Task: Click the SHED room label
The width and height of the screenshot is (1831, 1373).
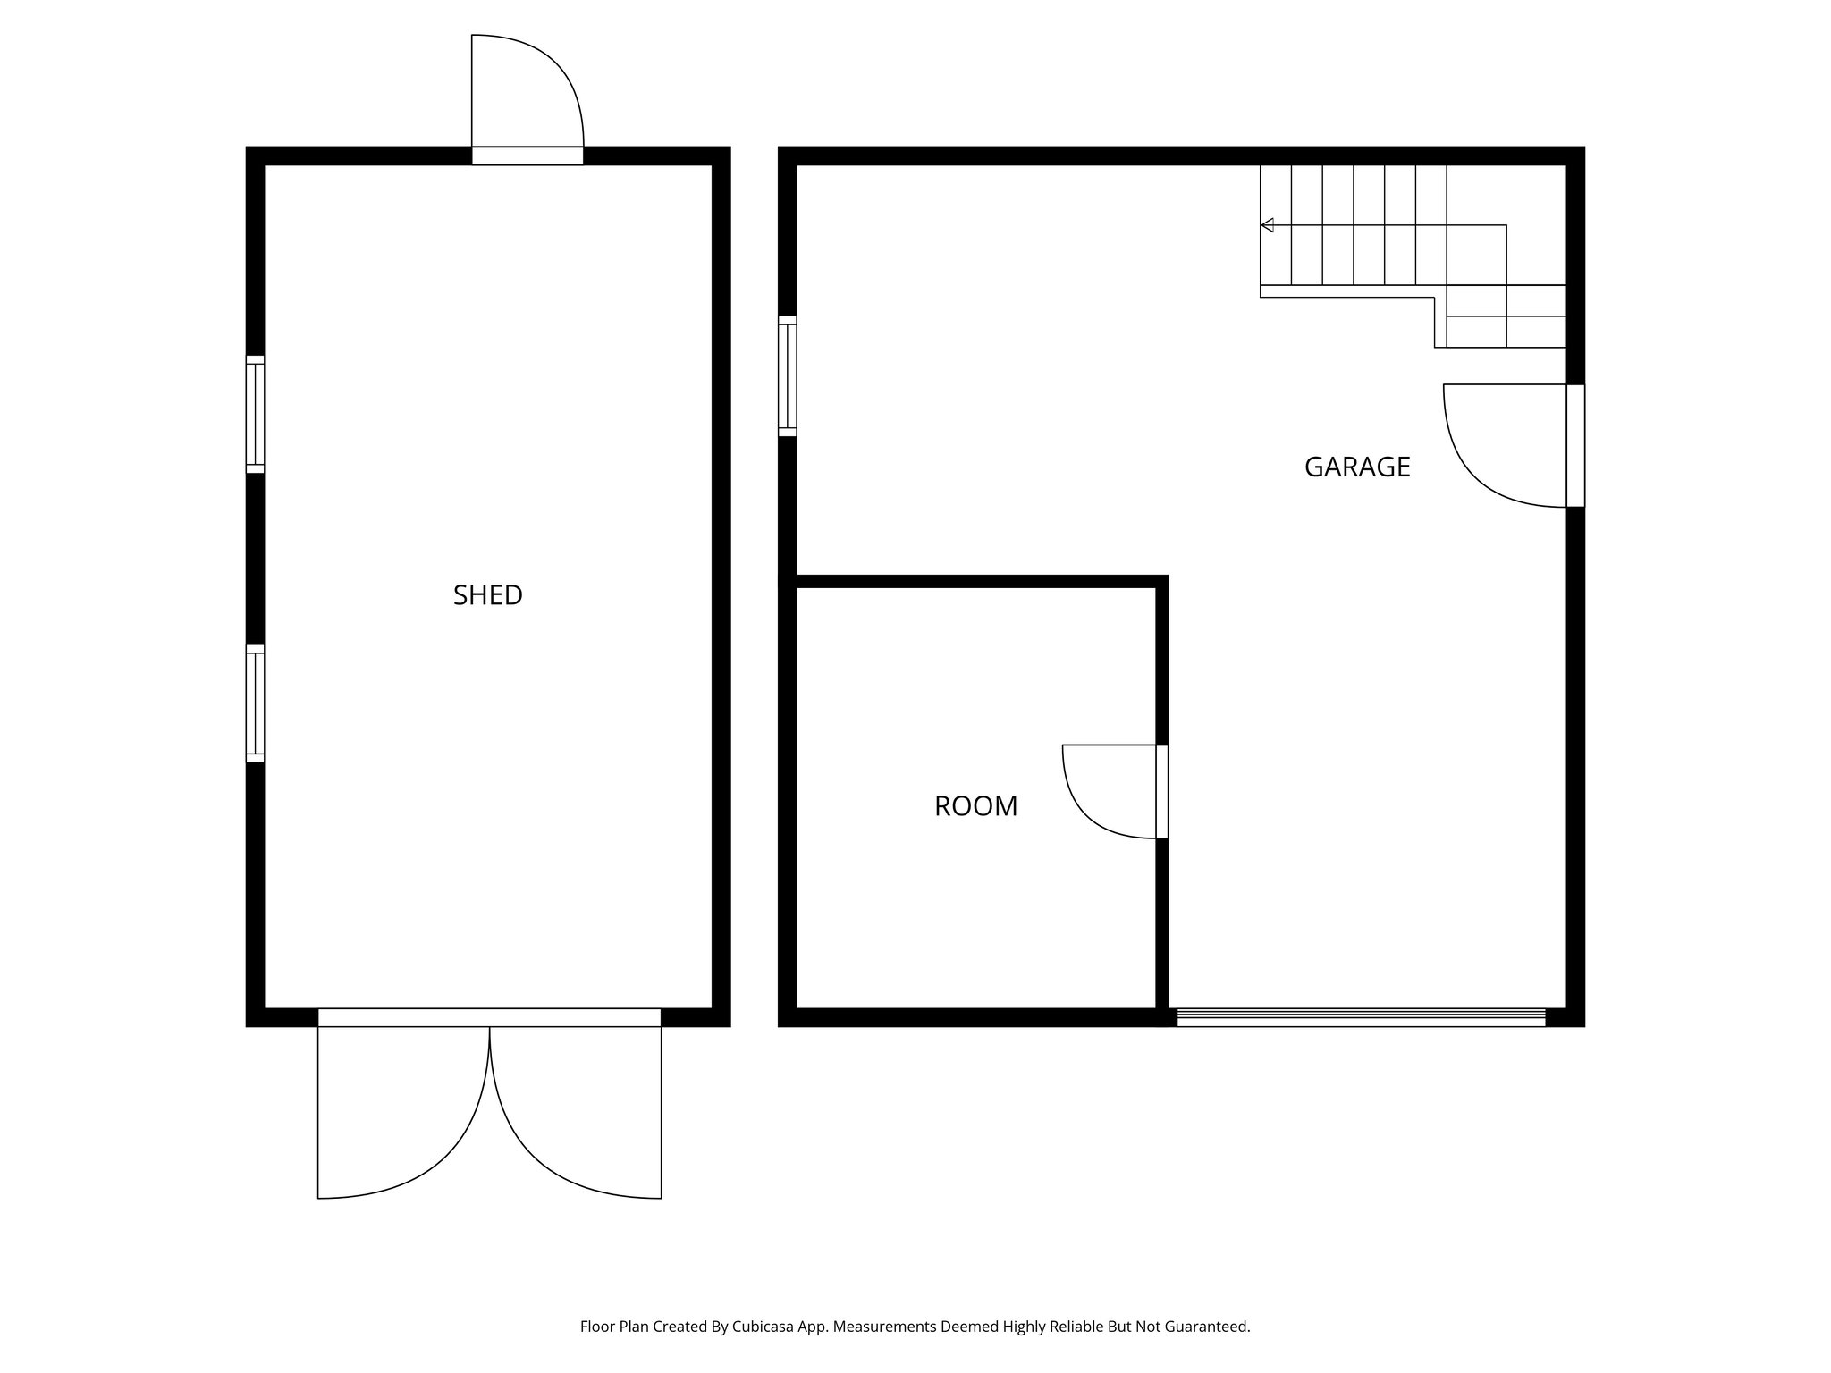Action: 487,595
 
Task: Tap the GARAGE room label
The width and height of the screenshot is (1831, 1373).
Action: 1356,467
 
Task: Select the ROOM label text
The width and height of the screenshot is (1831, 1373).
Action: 975,806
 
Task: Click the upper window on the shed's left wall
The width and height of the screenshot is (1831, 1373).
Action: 256,414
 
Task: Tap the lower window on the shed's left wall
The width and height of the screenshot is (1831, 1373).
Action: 256,703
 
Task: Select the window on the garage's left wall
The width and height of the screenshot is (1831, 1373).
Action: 788,376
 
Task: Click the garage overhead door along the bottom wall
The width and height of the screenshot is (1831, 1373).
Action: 1361,1017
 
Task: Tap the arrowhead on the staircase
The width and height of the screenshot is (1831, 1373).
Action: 1267,225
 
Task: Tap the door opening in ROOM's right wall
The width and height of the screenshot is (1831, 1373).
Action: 1162,792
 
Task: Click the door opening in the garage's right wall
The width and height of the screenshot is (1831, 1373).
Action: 1575,446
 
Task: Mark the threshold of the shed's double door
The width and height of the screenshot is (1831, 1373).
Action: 489,1017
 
